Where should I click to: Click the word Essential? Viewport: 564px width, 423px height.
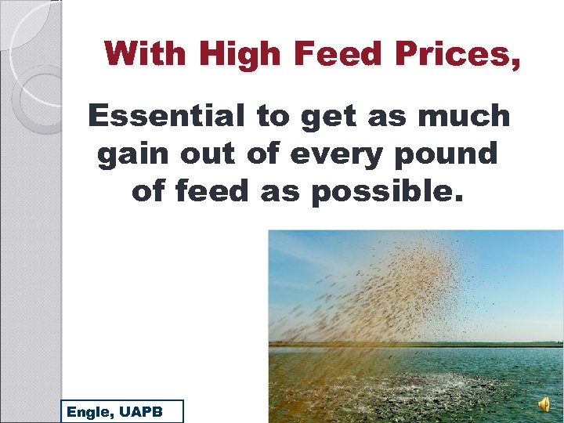point(165,116)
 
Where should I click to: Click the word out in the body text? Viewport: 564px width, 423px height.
point(205,154)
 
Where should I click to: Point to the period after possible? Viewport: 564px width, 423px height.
point(459,199)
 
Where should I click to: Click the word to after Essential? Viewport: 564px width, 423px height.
point(273,116)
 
